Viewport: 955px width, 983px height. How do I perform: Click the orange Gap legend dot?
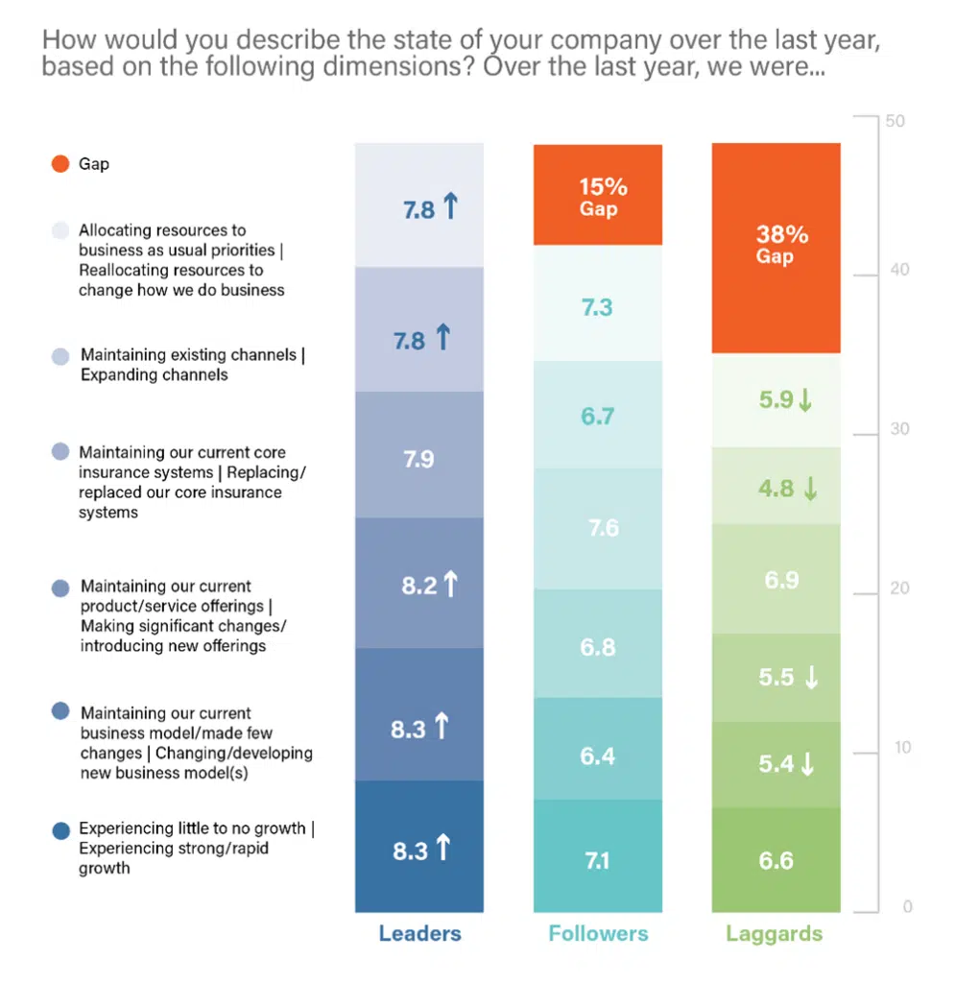click(x=60, y=164)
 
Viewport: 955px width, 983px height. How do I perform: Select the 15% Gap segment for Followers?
click(x=597, y=196)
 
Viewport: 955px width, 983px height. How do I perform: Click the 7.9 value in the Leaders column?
click(x=418, y=459)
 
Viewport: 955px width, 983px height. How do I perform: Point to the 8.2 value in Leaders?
click(x=419, y=586)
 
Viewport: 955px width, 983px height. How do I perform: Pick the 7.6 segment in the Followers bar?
click(x=603, y=528)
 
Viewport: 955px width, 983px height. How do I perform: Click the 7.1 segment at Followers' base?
click(x=597, y=860)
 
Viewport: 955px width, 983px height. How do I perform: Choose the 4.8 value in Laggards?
click(x=776, y=488)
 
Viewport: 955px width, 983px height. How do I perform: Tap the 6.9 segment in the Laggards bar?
click(x=780, y=579)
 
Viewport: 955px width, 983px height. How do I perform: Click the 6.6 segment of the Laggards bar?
click(x=776, y=860)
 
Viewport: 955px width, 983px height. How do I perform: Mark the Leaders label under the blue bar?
click(x=419, y=933)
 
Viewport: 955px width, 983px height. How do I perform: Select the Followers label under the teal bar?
click(x=598, y=933)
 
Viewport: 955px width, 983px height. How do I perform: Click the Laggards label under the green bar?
click(x=775, y=933)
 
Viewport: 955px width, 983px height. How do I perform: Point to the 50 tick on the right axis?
click(x=898, y=122)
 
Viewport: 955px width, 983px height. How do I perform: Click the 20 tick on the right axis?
click(x=898, y=589)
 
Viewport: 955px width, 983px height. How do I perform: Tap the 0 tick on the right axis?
click(x=906, y=907)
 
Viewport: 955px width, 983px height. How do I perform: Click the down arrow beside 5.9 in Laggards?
click(x=805, y=401)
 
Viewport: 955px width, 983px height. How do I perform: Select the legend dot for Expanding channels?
click(x=60, y=356)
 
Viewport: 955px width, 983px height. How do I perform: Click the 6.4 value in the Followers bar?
click(x=597, y=756)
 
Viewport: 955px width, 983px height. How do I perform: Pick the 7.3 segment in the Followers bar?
click(x=597, y=307)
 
